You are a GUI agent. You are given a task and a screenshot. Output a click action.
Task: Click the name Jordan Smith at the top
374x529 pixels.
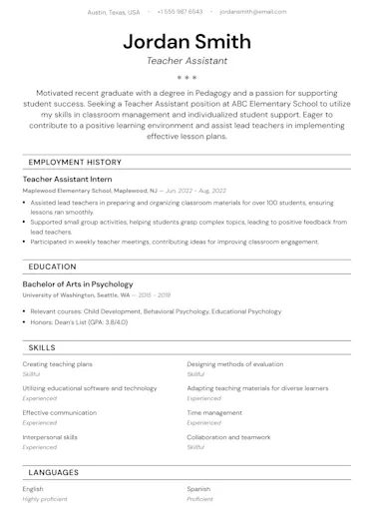[187, 41]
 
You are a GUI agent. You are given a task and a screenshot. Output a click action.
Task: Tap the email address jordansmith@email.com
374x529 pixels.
[252, 12]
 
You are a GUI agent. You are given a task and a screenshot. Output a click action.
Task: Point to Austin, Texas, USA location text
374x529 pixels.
[114, 12]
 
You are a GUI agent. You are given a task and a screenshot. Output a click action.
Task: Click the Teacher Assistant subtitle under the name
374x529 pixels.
[187, 61]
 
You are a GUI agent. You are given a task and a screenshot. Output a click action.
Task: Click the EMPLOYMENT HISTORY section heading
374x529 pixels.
[75, 162]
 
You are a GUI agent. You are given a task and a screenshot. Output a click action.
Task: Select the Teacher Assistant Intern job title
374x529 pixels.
[69, 179]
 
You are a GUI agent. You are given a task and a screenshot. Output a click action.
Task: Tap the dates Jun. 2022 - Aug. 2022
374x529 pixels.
[195, 190]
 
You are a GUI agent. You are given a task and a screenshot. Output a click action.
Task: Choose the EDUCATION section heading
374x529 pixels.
[52, 266]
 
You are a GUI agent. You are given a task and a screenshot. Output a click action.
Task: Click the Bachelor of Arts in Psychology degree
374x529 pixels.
[77, 284]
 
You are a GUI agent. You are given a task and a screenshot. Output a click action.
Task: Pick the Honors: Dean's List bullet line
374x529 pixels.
[79, 322]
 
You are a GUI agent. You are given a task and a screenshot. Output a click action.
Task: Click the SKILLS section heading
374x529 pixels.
[42, 347]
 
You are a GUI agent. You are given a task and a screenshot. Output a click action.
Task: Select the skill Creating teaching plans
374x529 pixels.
[57, 364]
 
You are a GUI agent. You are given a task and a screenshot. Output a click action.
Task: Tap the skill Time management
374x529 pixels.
[214, 412]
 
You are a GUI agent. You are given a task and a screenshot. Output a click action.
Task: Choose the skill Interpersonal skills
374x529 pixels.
[50, 437]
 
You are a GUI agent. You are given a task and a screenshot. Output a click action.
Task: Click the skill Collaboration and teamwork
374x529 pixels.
[228, 437]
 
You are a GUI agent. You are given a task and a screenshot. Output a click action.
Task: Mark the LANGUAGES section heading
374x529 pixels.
[54, 472]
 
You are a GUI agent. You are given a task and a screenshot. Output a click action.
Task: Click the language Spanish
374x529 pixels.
[198, 489]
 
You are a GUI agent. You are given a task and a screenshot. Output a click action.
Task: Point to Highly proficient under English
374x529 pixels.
[45, 499]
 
